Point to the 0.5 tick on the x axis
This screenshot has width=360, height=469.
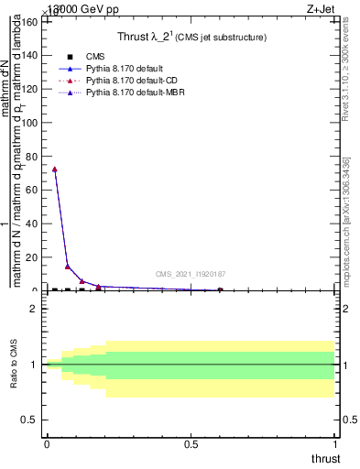point(191,445)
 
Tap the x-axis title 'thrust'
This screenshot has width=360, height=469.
point(324,459)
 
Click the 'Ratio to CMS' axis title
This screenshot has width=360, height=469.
point(15,364)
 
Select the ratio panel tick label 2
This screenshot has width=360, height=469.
point(35,309)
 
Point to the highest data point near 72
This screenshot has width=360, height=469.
point(55,169)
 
